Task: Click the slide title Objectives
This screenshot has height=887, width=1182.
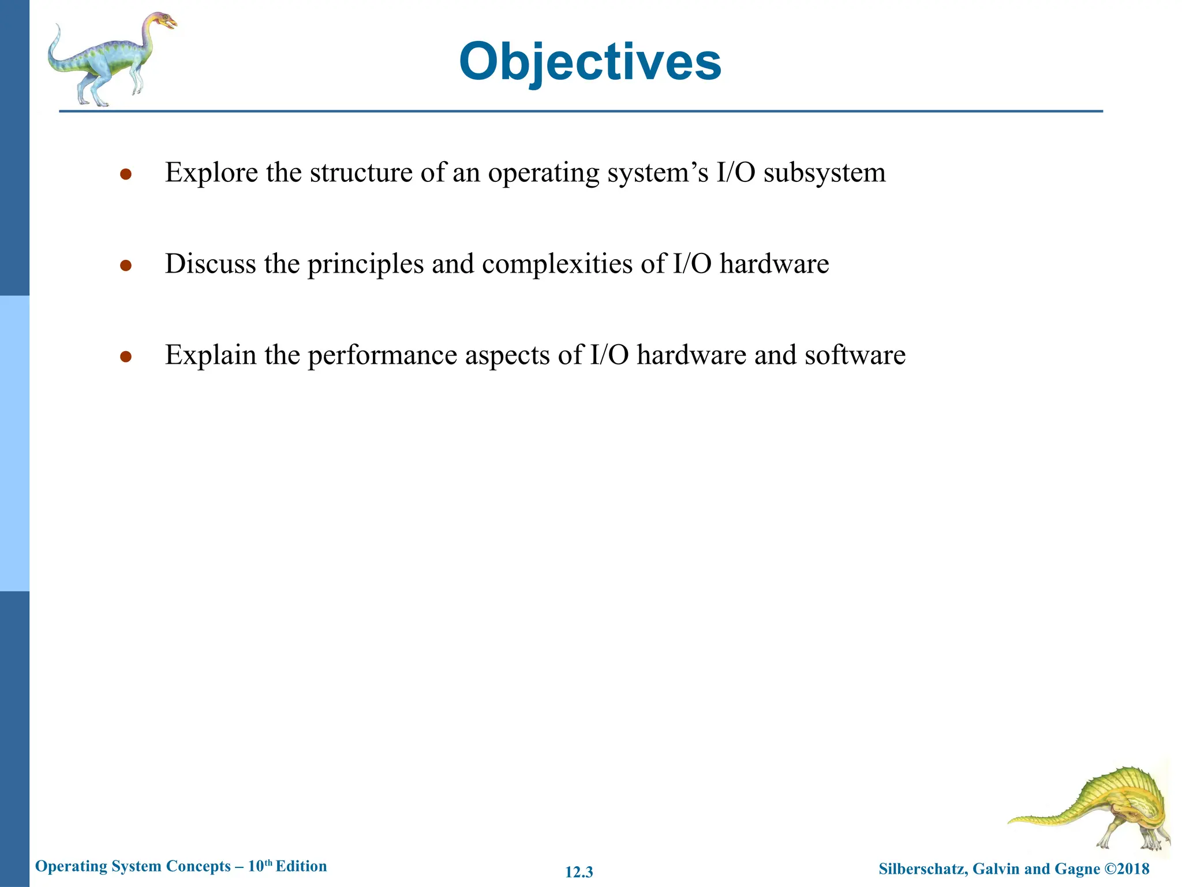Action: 590,62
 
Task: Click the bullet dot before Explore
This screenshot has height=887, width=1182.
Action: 126,174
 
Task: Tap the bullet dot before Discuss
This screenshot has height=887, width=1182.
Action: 126,266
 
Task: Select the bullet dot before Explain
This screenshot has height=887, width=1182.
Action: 126,357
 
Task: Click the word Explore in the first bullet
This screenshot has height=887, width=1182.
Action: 211,173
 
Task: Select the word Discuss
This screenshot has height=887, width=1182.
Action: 210,264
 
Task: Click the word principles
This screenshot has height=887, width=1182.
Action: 365,264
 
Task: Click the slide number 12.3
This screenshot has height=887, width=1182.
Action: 579,872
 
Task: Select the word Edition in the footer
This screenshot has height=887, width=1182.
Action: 301,866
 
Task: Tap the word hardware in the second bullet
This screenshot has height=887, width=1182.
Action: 774,264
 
